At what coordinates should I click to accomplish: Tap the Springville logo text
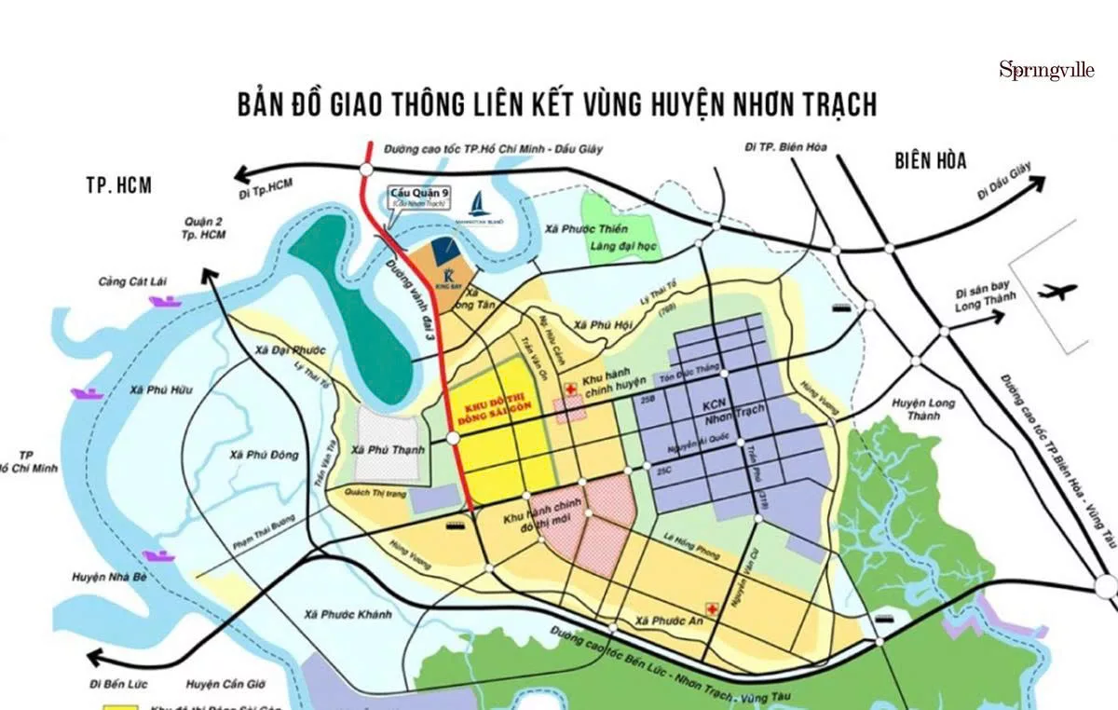[x=1048, y=70]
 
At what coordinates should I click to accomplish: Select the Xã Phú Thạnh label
[x=389, y=449]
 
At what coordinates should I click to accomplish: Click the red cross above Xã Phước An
[x=713, y=608]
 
